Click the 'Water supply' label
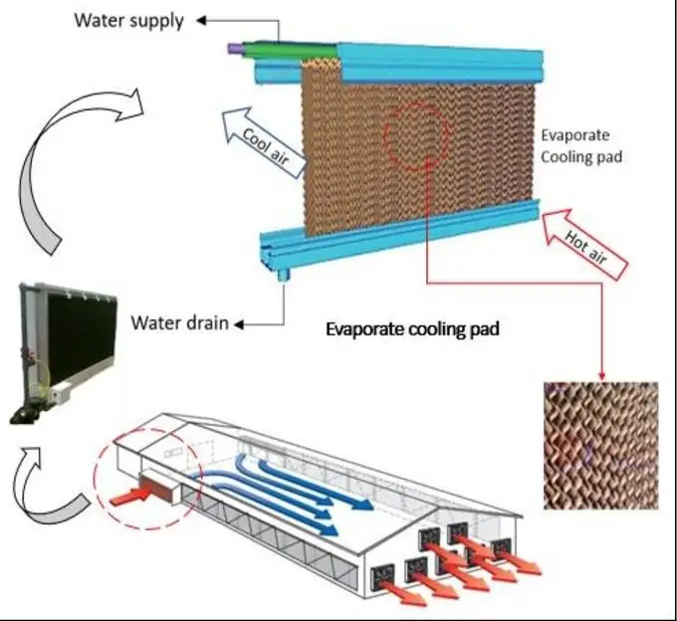[x=128, y=20]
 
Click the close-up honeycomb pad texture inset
[x=600, y=445]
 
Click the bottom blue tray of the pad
[x=398, y=230]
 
